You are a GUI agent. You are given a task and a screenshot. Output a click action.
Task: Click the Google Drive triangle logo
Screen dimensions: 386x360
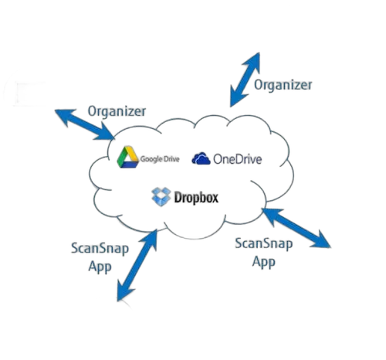(128, 158)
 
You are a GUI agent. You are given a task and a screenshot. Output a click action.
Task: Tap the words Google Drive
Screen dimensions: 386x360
(160, 159)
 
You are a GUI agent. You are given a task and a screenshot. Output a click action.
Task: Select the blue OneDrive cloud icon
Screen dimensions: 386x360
(201, 158)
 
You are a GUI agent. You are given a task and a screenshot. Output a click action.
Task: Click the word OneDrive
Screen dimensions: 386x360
(238, 159)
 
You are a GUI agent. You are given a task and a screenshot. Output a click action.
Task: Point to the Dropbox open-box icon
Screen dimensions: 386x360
(161, 197)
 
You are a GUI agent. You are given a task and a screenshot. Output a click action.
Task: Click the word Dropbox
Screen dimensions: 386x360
(196, 198)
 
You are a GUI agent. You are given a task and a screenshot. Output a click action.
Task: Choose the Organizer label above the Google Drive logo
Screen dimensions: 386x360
(117, 111)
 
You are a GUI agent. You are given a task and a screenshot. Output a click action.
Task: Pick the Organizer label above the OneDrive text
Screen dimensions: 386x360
(283, 85)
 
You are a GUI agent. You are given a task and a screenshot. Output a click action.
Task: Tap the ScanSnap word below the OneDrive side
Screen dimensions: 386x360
(264, 243)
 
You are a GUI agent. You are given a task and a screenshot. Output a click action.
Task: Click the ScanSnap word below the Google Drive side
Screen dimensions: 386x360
(100, 249)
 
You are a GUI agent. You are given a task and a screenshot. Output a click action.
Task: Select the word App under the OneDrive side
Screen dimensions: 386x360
(264, 262)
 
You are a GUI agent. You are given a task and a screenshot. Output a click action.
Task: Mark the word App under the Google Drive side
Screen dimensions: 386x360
(100, 267)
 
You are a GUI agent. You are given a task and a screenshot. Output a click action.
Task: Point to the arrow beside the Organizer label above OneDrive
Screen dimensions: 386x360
(245, 80)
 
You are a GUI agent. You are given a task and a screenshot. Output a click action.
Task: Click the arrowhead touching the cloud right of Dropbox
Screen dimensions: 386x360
(272, 216)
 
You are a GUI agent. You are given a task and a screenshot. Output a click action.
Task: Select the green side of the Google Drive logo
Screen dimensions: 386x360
(122, 158)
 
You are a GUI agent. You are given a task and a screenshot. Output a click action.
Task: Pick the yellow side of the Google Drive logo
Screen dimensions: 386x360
(133, 154)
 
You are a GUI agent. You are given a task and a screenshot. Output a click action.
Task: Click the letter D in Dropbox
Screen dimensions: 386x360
(178, 197)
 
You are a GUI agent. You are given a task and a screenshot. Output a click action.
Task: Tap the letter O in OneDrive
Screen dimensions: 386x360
(218, 159)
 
